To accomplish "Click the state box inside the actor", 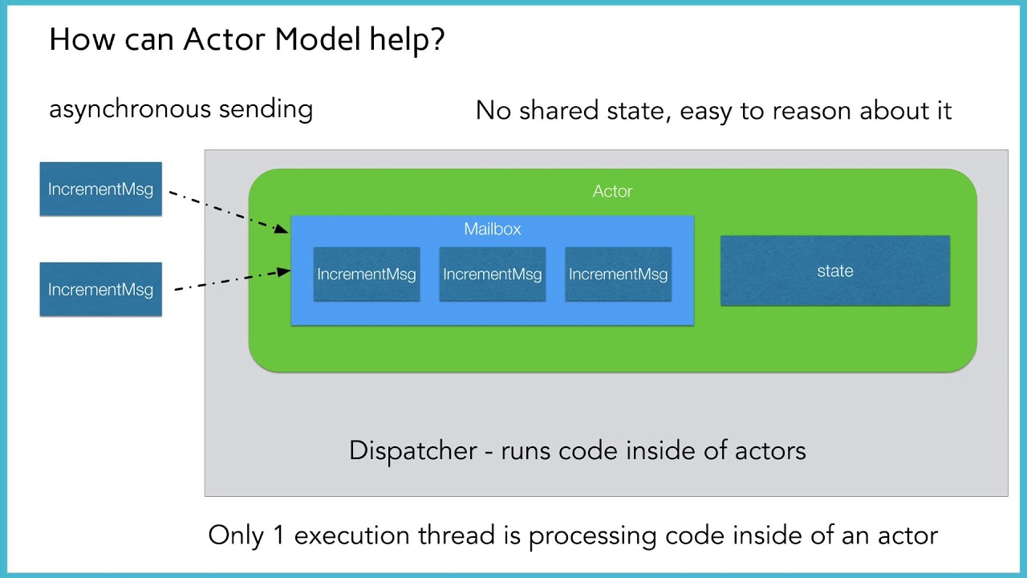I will (834, 271).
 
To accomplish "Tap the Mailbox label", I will (493, 229).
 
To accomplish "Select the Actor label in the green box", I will (612, 191).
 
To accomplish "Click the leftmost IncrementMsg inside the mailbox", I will (367, 274).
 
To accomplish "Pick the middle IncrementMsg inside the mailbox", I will (492, 274).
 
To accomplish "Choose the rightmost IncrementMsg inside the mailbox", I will (618, 274).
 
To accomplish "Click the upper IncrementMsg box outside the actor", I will (100, 189).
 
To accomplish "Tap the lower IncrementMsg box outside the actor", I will (100, 289).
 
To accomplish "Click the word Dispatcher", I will (413, 450).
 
